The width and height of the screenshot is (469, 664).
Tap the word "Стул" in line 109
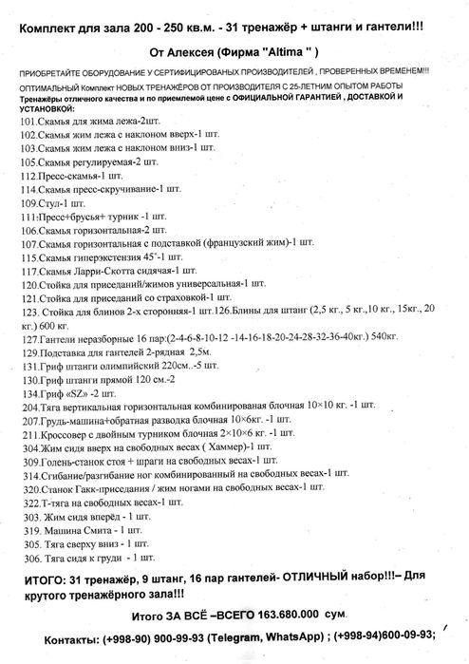[x=50, y=203]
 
